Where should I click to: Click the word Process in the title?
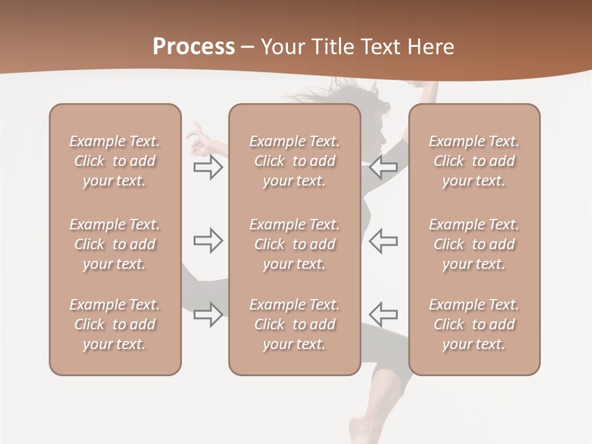pyautogui.click(x=194, y=46)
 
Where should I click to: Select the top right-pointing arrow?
pyautogui.click(x=208, y=167)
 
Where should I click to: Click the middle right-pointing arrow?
pyautogui.click(x=208, y=240)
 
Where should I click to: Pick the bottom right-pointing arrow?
pyautogui.click(x=208, y=314)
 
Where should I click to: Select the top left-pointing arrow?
pyautogui.click(x=383, y=167)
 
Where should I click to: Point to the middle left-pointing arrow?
pyautogui.click(x=383, y=240)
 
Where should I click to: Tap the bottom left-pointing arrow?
pyautogui.click(x=383, y=314)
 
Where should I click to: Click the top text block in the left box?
pyautogui.click(x=115, y=161)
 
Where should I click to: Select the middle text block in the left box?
pyautogui.click(x=115, y=244)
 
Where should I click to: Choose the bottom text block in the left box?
pyautogui.click(x=115, y=324)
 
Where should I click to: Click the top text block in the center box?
pyautogui.click(x=294, y=161)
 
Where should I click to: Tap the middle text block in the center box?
pyautogui.click(x=294, y=244)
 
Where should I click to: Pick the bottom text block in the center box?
pyautogui.click(x=294, y=324)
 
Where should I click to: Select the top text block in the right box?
pyautogui.click(x=474, y=161)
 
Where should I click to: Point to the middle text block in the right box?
pyautogui.click(x=474, y=244)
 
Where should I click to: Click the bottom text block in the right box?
pyautogui.click(x=474, y=324)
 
